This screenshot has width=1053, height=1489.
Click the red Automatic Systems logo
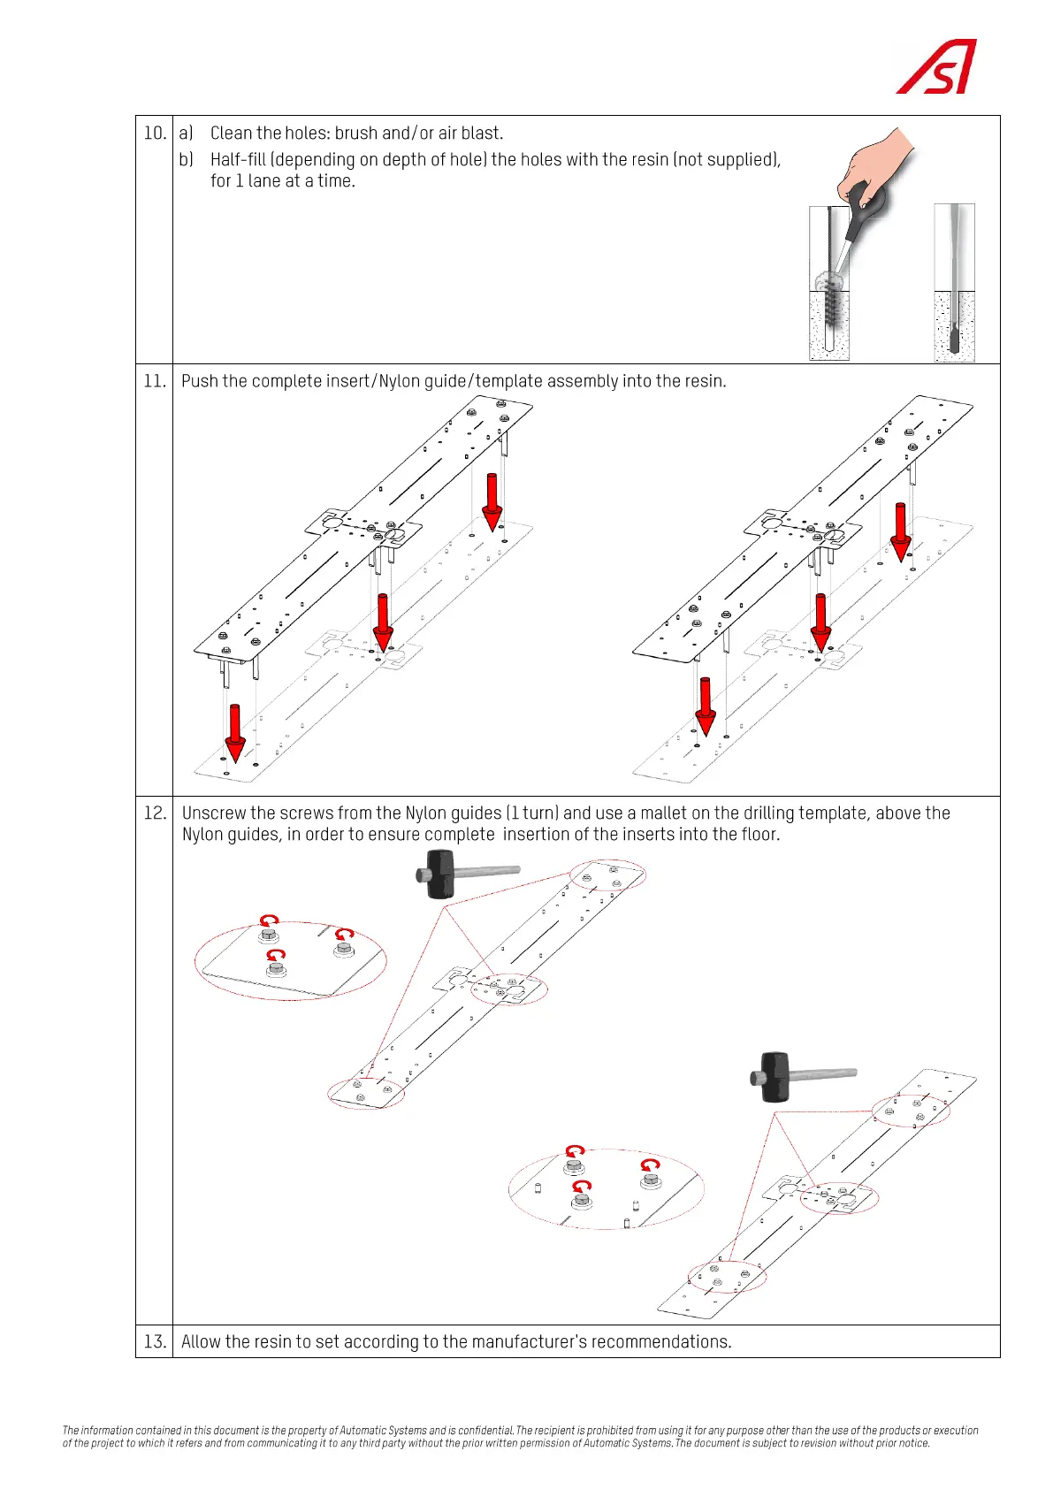(x=937, y=67)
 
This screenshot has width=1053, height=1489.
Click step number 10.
(x=155, y=134)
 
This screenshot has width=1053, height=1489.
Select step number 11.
(x=155, y=381)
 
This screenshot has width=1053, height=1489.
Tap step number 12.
(x=155, y=813)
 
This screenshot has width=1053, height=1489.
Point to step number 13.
(x=155, y=1341)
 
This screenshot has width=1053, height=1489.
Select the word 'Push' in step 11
(x=200, y=381)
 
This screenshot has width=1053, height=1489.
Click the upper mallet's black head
(x=439, y=874)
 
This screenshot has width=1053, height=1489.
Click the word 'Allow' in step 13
(x=201, y=1341)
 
